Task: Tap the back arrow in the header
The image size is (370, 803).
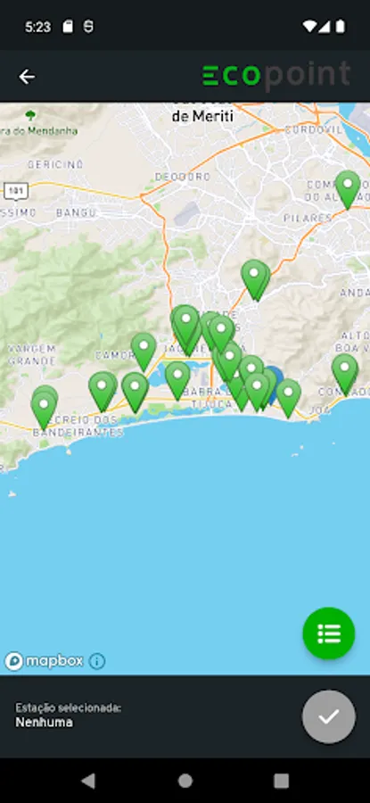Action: (27, 77)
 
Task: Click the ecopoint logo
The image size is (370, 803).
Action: (275, 76)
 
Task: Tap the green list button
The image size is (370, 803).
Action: (328, 633)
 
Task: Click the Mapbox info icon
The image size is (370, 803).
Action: (97, 661)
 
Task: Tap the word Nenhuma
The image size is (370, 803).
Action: (44, 722)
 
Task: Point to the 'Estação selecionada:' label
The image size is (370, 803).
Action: (68, 708)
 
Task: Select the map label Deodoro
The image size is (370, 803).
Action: (177, 178)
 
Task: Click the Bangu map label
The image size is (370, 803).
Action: (76, 213)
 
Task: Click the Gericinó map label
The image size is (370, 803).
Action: (55, 165)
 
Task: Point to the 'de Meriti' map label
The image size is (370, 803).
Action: (202, 116)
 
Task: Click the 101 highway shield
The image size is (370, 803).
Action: (14, 191)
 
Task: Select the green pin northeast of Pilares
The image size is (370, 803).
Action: (348, 186)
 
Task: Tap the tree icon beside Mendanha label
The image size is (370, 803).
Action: (32, 115)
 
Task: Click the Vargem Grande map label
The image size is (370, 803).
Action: (32, 354)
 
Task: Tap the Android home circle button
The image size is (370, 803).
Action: (185, 781)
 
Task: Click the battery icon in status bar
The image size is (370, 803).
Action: (340, 27)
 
